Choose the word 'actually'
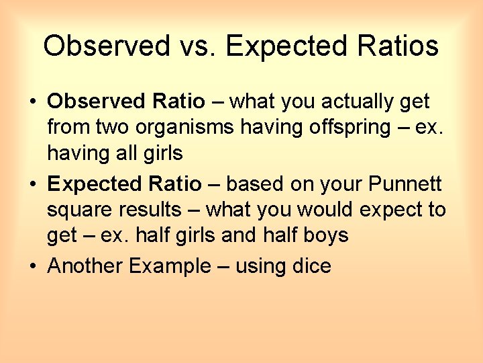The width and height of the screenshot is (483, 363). tap(352, 102)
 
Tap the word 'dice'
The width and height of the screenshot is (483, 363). tap(312, 266)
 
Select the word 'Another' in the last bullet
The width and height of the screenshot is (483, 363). tap(86, 266)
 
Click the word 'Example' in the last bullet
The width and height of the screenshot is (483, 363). tap(170, 266)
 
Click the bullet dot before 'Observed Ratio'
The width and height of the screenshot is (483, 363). tap(32, 102)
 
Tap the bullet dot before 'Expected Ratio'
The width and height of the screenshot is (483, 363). tap(32, 184)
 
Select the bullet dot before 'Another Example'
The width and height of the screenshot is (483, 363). tap(32, 266)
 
